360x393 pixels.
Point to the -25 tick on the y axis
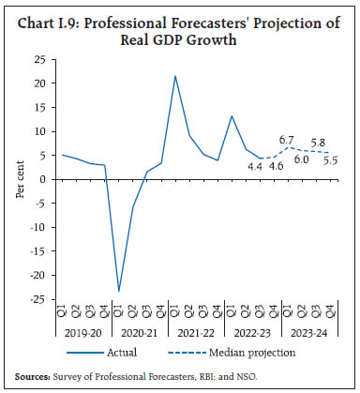point(37,298)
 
